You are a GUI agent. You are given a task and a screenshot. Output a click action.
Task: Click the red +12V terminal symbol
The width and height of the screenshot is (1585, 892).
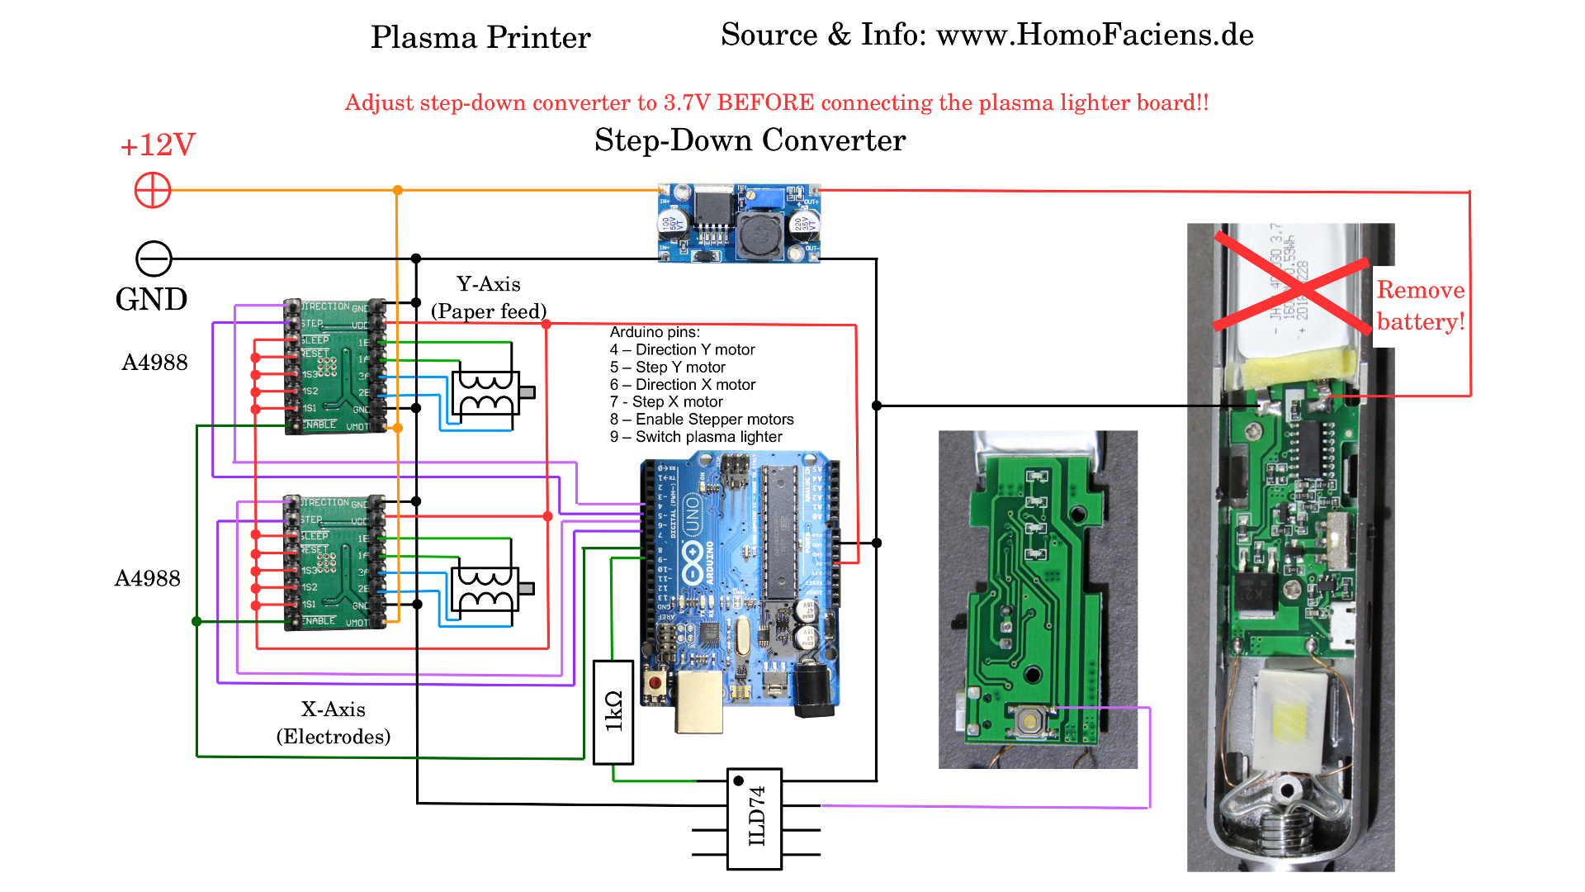(153, 191)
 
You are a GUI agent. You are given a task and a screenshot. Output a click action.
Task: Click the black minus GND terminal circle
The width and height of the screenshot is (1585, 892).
(154, 259)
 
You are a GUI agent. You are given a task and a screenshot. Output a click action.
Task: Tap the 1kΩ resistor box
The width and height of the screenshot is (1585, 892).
(613, 712)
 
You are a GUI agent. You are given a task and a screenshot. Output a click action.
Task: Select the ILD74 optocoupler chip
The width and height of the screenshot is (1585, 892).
(755, 818)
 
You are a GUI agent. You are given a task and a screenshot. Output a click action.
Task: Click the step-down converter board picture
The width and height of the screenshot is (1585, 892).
(739, 223)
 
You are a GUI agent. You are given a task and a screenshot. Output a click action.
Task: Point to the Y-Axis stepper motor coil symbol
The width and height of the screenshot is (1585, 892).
(486, 393)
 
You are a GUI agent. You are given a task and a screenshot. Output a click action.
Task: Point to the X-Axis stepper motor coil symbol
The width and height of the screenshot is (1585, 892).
(485, 589)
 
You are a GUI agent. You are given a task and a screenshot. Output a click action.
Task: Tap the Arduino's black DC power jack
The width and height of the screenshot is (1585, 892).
(813, 690)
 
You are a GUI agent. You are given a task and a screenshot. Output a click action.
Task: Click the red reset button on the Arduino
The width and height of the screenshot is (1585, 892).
(655, 684)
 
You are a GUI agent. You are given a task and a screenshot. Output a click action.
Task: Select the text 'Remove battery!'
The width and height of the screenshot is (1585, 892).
(1421, 306)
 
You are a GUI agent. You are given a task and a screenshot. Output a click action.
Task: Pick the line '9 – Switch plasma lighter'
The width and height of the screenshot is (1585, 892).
(696, 437)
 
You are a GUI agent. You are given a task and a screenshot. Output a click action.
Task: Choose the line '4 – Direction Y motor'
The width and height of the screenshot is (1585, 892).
(683, 349)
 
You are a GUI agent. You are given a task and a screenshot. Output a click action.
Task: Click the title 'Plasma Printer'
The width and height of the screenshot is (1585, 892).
(480, 37)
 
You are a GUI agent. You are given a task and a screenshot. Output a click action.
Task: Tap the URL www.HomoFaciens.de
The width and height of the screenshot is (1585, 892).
(1095, 35)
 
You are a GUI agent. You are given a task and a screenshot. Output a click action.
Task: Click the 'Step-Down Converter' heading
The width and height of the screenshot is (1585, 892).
(750, 140)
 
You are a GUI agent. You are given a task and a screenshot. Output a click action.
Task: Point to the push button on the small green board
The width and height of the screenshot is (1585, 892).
(1030, 720)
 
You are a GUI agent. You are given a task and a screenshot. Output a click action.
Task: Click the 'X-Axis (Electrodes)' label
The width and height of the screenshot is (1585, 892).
(334, 723)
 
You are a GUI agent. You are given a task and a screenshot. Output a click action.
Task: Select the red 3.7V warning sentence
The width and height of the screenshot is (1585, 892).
(776, 102)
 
